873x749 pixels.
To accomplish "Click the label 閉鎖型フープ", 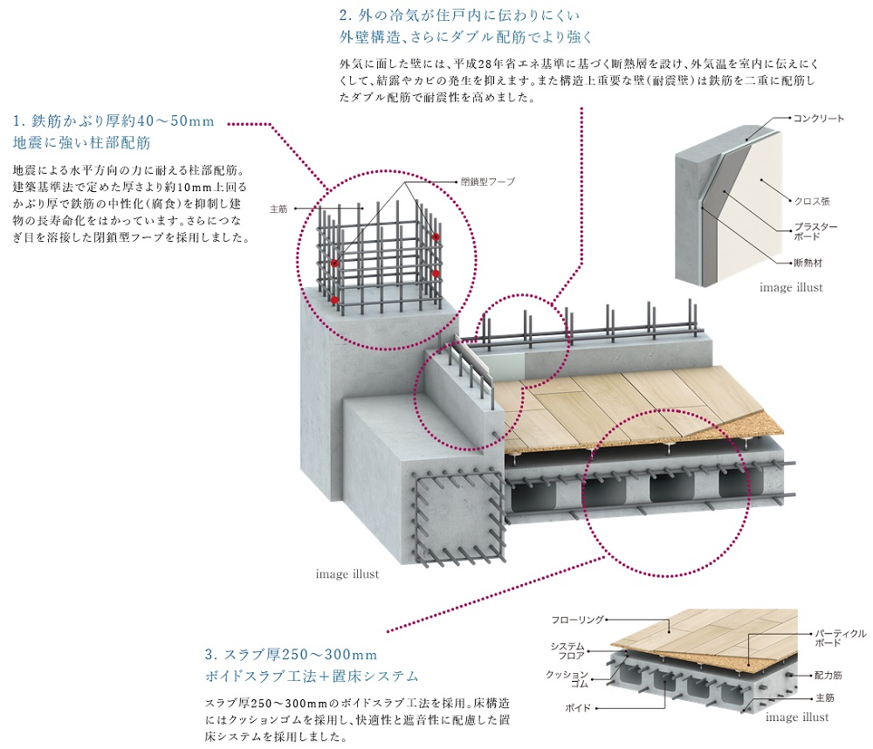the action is (488, 182).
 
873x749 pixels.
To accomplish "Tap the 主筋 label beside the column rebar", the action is (278, 209).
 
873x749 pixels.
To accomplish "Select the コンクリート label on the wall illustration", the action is (819, 118).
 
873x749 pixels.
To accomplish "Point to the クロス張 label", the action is (812, 201).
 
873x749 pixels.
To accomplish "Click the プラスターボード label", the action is (815, 231).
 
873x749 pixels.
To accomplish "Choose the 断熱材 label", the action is (808, 263).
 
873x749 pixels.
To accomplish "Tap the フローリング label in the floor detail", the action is (577, 620).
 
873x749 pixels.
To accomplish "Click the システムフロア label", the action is (567, 651).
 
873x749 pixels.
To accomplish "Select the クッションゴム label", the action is (567, 679).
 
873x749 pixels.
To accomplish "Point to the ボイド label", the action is (578, 708).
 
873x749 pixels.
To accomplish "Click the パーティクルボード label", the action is (841, 638).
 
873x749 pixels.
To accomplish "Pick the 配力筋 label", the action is (828, 675).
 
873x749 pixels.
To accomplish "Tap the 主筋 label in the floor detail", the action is (825, 697).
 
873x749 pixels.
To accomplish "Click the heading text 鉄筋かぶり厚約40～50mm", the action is (113, 120).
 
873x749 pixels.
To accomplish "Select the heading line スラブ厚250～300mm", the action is (292, 655).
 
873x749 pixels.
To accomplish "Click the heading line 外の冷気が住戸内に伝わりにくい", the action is (459, 15).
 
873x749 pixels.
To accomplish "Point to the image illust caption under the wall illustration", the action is (791, 287).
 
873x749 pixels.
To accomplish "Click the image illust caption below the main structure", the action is (347, 574).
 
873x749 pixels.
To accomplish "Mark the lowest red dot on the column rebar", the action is (334, 299).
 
